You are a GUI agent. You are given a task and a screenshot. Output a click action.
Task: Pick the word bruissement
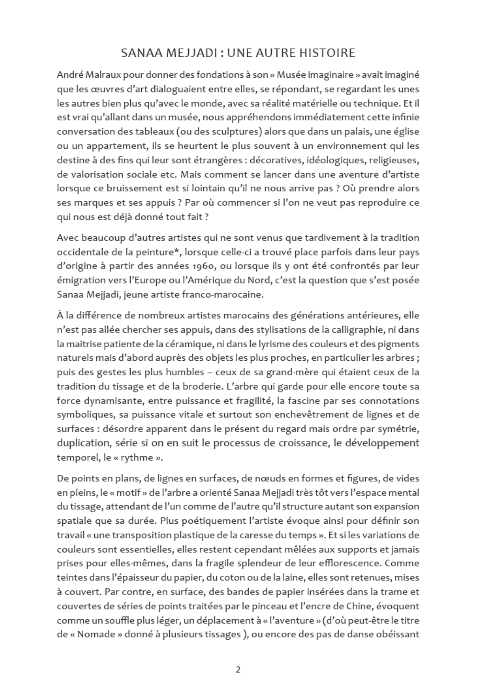(x=122, y=188)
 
